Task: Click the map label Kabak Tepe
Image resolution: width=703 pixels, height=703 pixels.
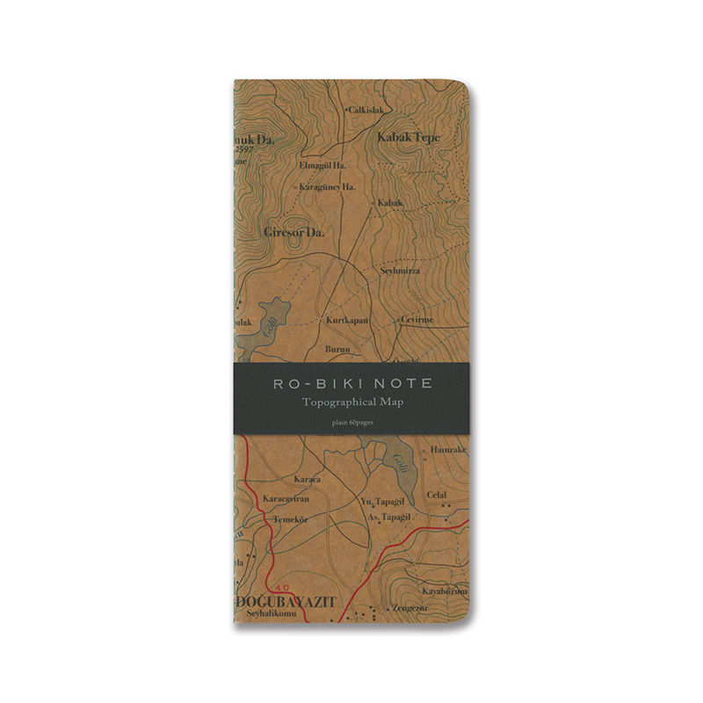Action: point(408,138)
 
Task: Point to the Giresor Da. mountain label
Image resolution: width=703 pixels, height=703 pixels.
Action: point(294,232)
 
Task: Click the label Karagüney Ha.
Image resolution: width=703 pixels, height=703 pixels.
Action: point(327,187)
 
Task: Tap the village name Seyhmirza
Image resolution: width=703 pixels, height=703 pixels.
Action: point(400,271)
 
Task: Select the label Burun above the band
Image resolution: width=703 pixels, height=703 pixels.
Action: point(338,349)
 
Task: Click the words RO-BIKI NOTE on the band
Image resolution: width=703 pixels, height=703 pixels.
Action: point(351,384)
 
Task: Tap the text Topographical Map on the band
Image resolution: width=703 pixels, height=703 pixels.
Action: point(351,402)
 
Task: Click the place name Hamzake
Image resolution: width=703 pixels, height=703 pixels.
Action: point(449,449)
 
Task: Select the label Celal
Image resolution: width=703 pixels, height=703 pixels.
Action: point(437,495)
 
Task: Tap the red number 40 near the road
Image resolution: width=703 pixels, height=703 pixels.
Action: point(281,587)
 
